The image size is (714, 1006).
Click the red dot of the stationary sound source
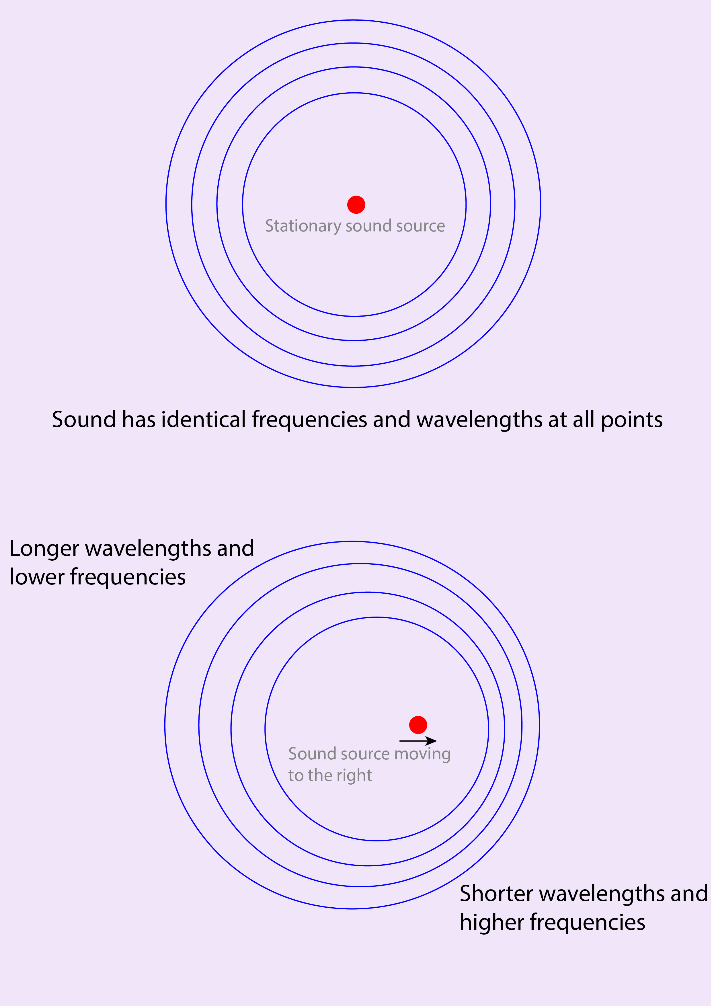(x=356, y=205)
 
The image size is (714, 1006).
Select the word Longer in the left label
(x=44, y=549)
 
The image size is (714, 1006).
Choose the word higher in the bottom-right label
(x=492, y=923)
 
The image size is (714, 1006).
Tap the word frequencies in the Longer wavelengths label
(x=128, y=577)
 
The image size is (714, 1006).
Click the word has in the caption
(x=139, y=420)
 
